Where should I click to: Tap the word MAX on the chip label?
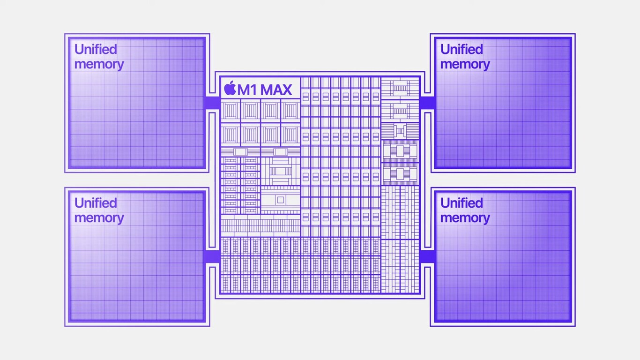pyautogui.click(x=276, y=89)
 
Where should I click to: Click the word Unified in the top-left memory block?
pyautogui.click(x=96, y=49)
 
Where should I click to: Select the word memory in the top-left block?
pyautogui.click(x=99, y=64)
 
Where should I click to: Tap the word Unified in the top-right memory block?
pyautogui.click(x=461, y=49)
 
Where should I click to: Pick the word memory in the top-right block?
pyautogui.click(x=465, y=64)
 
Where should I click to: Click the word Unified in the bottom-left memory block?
pyautogui.click(x=96, y=203)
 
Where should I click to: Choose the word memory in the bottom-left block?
pyautogui.click(x=99, y=218)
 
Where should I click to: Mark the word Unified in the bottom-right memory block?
pyautogui.click(x=461, y=203)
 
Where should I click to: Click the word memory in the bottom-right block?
pyautogui.click(x=465, y=218)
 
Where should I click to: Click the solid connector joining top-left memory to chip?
pyautogui.click(x=212, y=103)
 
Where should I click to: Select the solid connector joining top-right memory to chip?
pyautogui.click(x=427, y=103)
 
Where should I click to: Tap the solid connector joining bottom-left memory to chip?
pyautogui.click(x=212, y=256)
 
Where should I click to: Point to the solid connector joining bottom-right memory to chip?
pyautogui.click(x=427, y=256)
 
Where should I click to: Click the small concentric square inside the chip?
pyautogui.click(x=280, y=200)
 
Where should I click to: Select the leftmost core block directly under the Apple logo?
pyautogui.click(x=230, y=111)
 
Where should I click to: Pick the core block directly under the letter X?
pyautogui.click(x=290, y=111)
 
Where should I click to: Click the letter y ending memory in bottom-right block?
pyautogui.click(x=486, y=219)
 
